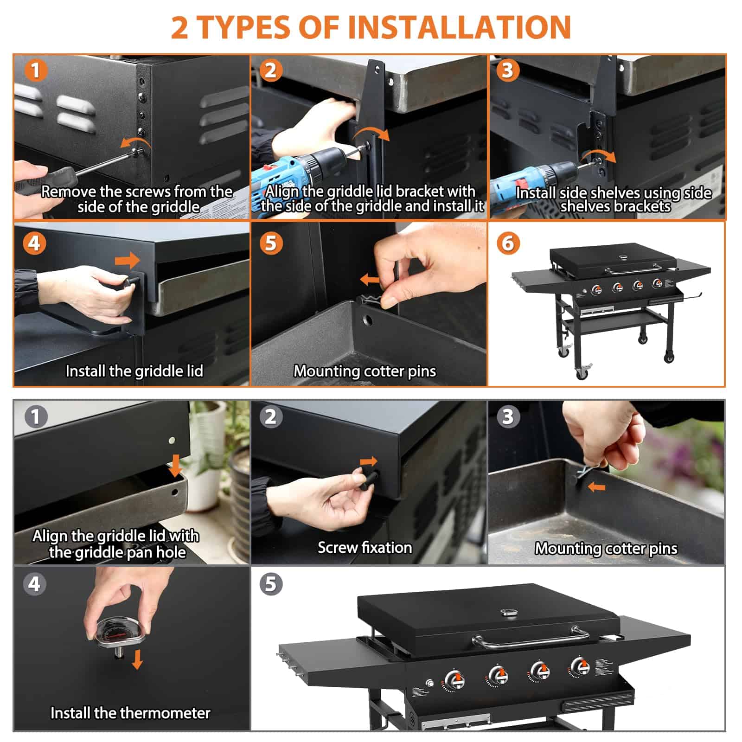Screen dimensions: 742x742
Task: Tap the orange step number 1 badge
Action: [x=35, y=70]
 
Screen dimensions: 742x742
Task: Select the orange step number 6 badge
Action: [x=508, y=243]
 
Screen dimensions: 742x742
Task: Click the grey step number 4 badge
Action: [x=35, y=584]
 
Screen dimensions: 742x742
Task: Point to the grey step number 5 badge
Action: [x=271, y=584]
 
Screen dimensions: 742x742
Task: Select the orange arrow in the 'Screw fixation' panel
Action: [x=369, y=461]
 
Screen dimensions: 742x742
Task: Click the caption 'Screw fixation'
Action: [x=365, y=548]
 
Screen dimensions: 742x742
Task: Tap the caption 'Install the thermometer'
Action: [x=130, y=713]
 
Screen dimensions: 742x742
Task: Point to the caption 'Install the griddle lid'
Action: [x=134, y=371]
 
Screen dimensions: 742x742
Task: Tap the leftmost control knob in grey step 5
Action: [x=454, y=681]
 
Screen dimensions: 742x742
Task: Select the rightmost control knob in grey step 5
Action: [x=580, y=667]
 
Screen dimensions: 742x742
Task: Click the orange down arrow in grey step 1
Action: [x=175, y=466]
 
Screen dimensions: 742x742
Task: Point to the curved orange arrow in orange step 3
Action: [x=598, y=156]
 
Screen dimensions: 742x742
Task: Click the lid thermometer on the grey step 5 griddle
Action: [x=512, y=612]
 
